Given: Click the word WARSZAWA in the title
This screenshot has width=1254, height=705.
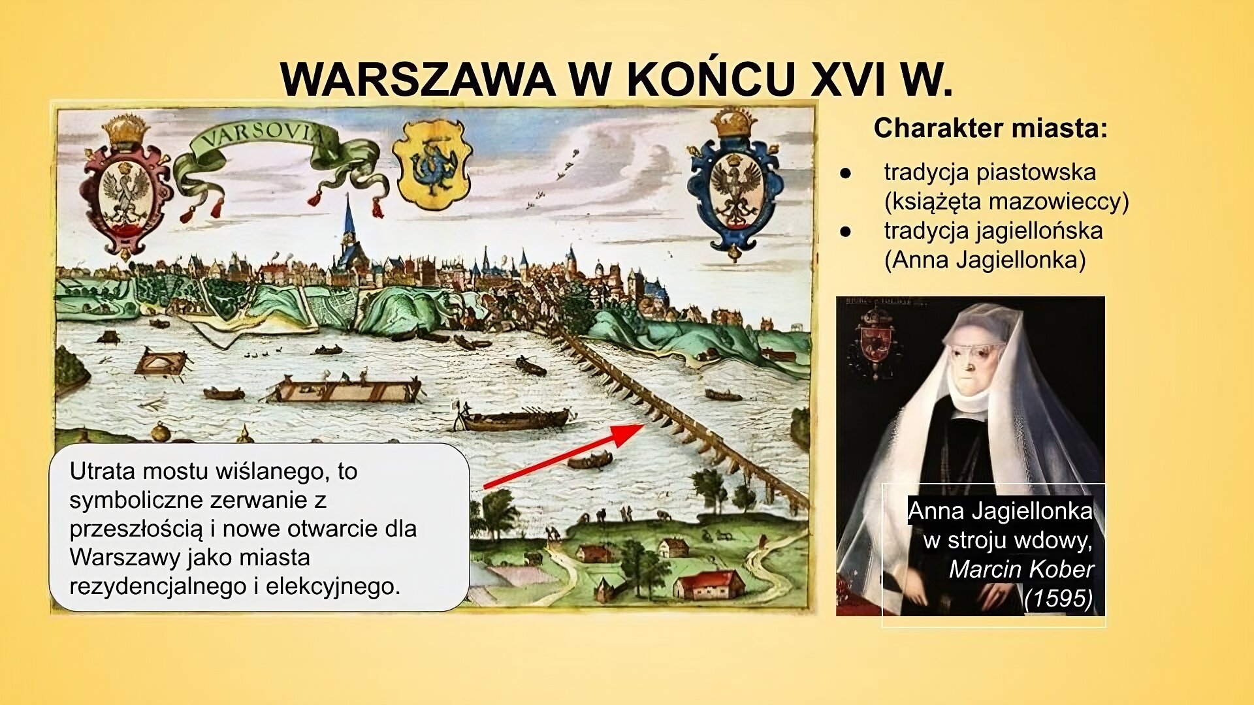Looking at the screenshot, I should click(x=418, y=80).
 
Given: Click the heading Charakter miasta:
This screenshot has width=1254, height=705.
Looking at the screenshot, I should click(x=990, y=129).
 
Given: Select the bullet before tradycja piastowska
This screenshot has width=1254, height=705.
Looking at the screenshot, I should click(x=846, y=174).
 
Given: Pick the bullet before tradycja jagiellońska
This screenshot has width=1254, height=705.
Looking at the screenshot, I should click(x=846, y=231).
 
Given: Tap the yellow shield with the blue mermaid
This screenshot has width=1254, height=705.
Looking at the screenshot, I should click(x=431, y=163).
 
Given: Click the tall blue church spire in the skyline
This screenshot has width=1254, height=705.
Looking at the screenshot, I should click(x=349, y=222).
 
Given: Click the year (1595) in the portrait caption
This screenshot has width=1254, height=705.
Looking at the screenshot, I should click(x=1057, y=598).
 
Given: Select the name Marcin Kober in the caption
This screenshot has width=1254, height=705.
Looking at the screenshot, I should click(x=1021, y=569).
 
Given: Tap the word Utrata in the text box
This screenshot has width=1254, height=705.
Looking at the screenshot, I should click(x=101, y=471).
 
